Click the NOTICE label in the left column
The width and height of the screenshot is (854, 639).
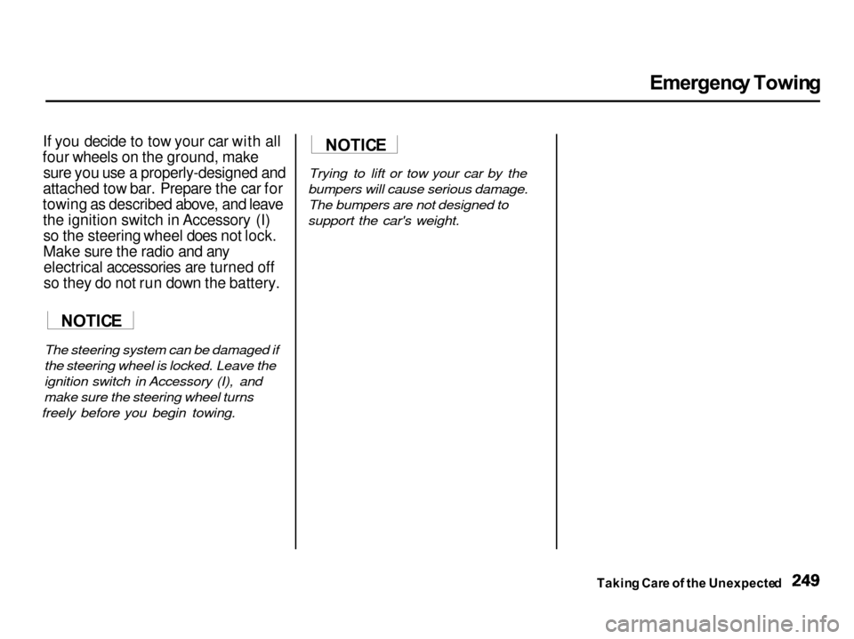click(x=92, y=320)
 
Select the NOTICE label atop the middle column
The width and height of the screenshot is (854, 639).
click(x=355, y=145)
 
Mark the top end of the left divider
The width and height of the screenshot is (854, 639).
click(x=295, y=133)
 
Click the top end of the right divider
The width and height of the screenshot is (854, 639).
click(x=556, y=133)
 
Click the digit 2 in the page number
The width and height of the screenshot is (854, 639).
click(x=794, y=581)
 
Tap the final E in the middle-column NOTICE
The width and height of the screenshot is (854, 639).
click(x=381, y=145)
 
